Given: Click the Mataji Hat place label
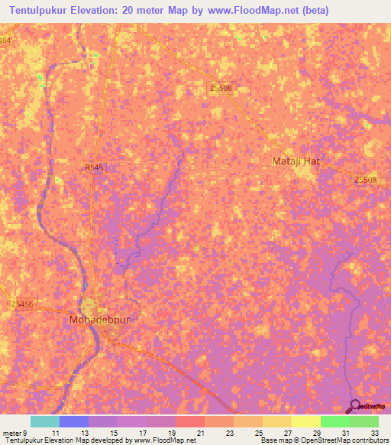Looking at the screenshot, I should pos(298,161).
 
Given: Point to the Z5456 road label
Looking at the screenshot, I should pos(23,304).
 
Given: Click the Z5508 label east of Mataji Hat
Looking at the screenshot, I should pos(365,180).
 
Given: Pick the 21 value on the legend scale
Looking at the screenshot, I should pos(202,433).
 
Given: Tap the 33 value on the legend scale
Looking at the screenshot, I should pos(375,433).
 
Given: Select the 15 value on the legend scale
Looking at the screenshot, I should pos(115,433).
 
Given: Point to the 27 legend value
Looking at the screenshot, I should pos(289,433).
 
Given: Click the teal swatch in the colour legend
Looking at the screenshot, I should pos(45,421).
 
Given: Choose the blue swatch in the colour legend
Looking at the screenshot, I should pos(74,421).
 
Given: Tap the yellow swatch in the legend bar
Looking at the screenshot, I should pos(306,421).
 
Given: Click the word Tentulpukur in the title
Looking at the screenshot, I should pos(45,11).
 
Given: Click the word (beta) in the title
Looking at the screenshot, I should pos(367,11).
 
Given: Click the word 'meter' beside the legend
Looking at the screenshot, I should pos(11,433).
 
